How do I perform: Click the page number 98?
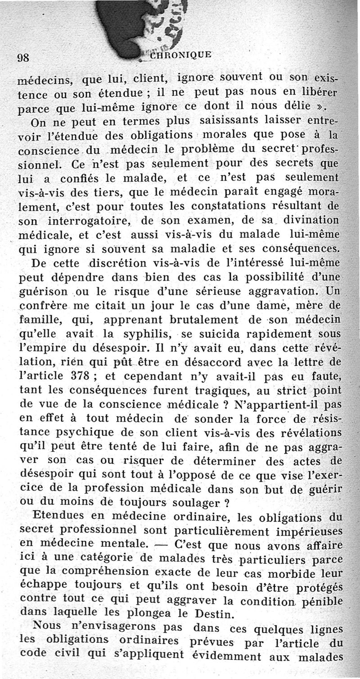coord(23,57)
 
